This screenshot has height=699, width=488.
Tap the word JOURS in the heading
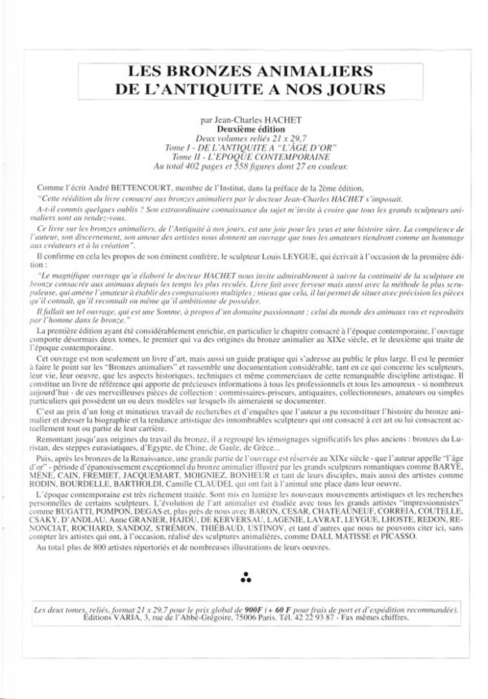(357, 88)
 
